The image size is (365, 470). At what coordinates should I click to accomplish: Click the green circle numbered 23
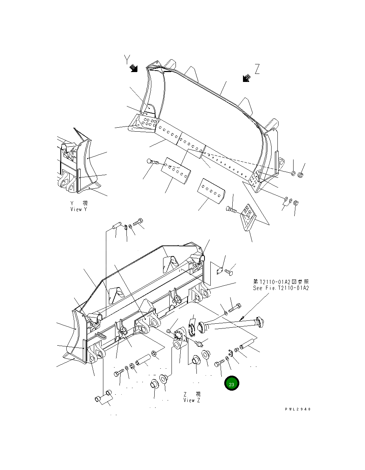pyautogui.click(x=232, y=384)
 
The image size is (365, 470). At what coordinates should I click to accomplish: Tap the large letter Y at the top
pyautogui.click(x=127, y=59)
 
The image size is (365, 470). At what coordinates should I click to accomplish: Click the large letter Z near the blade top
pyautogui.click(x=257, y=69)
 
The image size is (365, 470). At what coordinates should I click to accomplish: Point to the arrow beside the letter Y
pyautogui.click(x=134, y=68)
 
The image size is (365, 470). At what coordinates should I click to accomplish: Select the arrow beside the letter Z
pyautogui.click(x=246, y=78)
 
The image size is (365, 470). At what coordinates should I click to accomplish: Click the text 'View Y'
pyautogui.click(x=79, y=209)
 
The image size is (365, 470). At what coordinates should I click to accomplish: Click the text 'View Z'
pyautogui.click(x=192, y=400)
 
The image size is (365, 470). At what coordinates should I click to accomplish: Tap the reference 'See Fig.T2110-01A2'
pyautogui.click(x=281, y=288)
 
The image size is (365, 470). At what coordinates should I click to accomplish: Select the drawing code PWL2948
pyautogui.click(x=298, y=409)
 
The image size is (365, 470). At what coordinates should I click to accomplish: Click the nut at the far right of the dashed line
pyautogui.click(x=299, y=175)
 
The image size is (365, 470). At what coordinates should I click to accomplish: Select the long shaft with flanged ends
pyautogui.click(x=231, y=323)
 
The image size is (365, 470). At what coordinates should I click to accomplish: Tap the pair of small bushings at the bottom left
pyautogui.click(x=103, y=396)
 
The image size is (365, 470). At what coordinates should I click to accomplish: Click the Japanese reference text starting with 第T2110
pyautogui.click(x=281, y=282)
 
